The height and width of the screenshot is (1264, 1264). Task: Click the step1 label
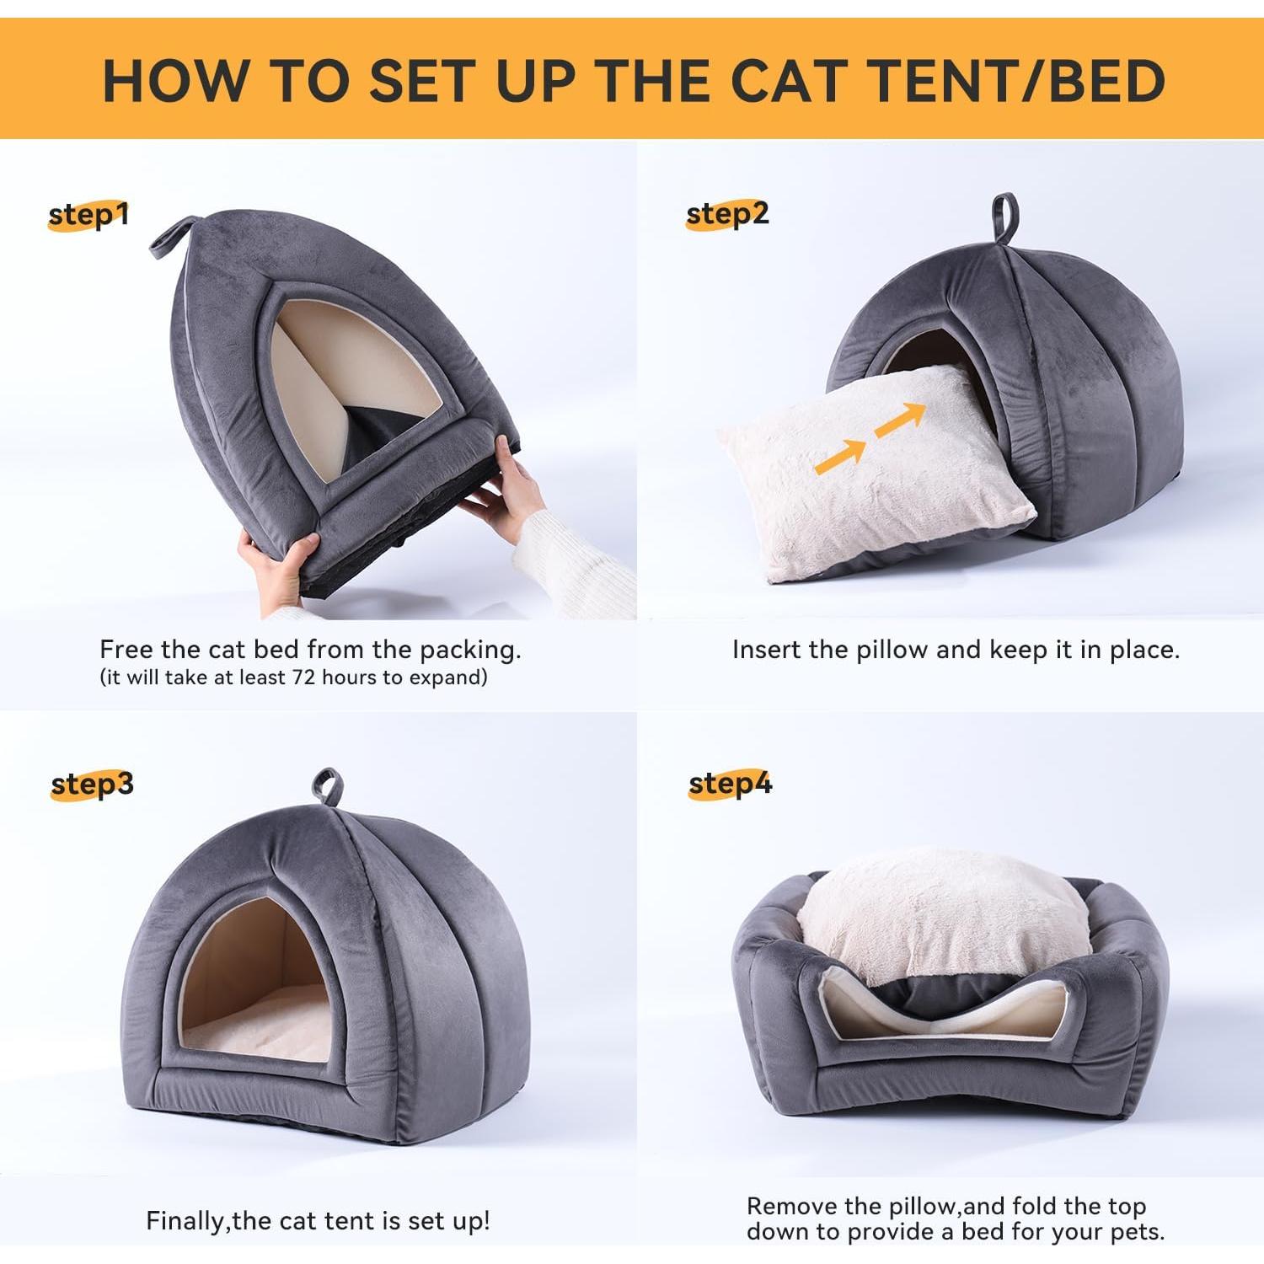click(x=88, y=216)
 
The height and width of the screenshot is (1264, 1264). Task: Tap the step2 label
click(x=727, y=214)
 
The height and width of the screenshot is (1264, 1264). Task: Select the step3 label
click(x=92, y=785)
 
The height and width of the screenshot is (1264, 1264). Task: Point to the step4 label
click(x=730, y=784)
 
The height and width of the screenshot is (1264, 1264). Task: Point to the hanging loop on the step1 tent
click(x=171, y=237)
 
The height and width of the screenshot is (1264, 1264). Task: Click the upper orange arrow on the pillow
click(x=901, y=418)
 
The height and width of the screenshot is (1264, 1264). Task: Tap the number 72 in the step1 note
click(x=303, y=678)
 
